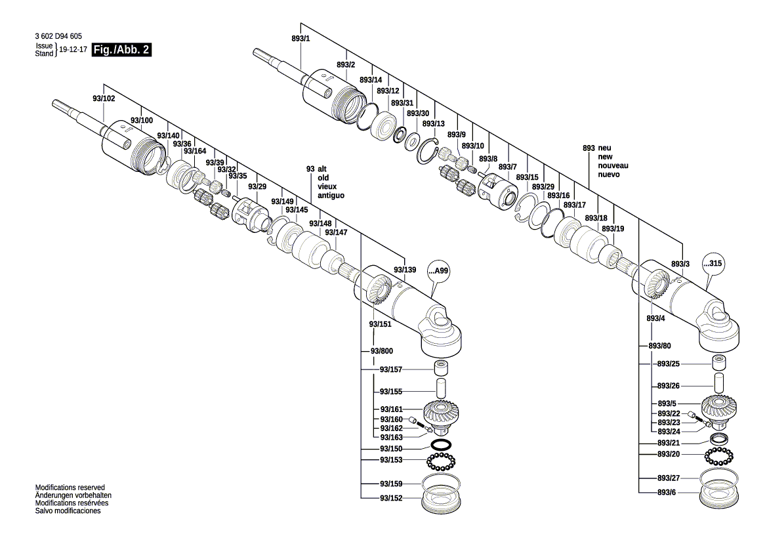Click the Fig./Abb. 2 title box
click(x=122, y=50)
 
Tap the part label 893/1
click(x=301, y=39)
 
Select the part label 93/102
click(x=104, y=98)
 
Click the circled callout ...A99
click(x=441, y=270)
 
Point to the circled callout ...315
click(x=716, y=263)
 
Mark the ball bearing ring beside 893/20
click(x=718, y=454)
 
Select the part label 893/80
click(x=659, y=345)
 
